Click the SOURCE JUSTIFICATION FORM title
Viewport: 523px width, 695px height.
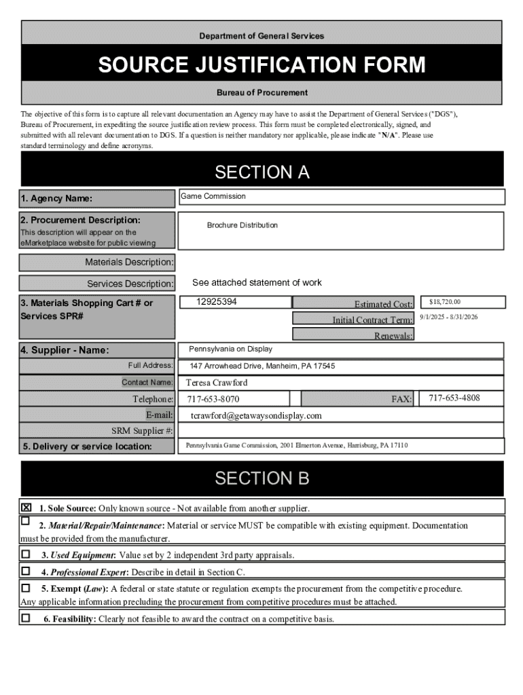coord(261,65)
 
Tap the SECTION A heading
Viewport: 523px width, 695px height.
coord(261,172)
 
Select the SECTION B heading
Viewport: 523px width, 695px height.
coord(261,478)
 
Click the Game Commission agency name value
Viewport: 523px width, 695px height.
coord(213,196)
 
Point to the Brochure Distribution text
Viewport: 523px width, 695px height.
coord(242,225)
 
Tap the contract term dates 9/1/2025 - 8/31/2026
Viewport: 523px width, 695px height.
coord(448,317)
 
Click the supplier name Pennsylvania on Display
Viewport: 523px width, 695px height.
coord(230,349)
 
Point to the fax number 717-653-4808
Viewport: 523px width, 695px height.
coord(454,398)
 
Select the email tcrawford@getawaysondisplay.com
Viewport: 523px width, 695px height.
coord(256,415)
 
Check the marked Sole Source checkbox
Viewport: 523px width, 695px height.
coord(26,508)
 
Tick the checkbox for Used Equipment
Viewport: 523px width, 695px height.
coord(26,554)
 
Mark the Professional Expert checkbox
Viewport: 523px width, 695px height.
coord(26,571)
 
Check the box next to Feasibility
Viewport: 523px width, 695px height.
coord(26,618)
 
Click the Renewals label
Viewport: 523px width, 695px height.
coord(393,336)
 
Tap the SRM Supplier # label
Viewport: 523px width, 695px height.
coord(142,430)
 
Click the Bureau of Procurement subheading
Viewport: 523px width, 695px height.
coord(261,92)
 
